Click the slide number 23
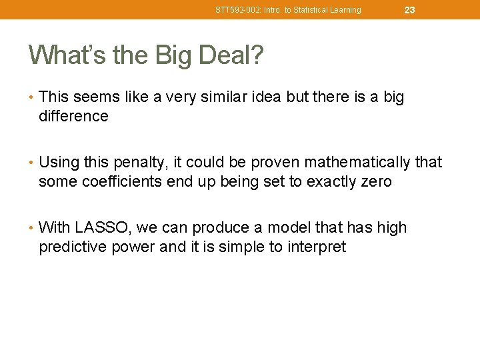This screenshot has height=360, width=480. coord(409,10)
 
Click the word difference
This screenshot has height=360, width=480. coord(73,116)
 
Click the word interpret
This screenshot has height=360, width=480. coord(317,247)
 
